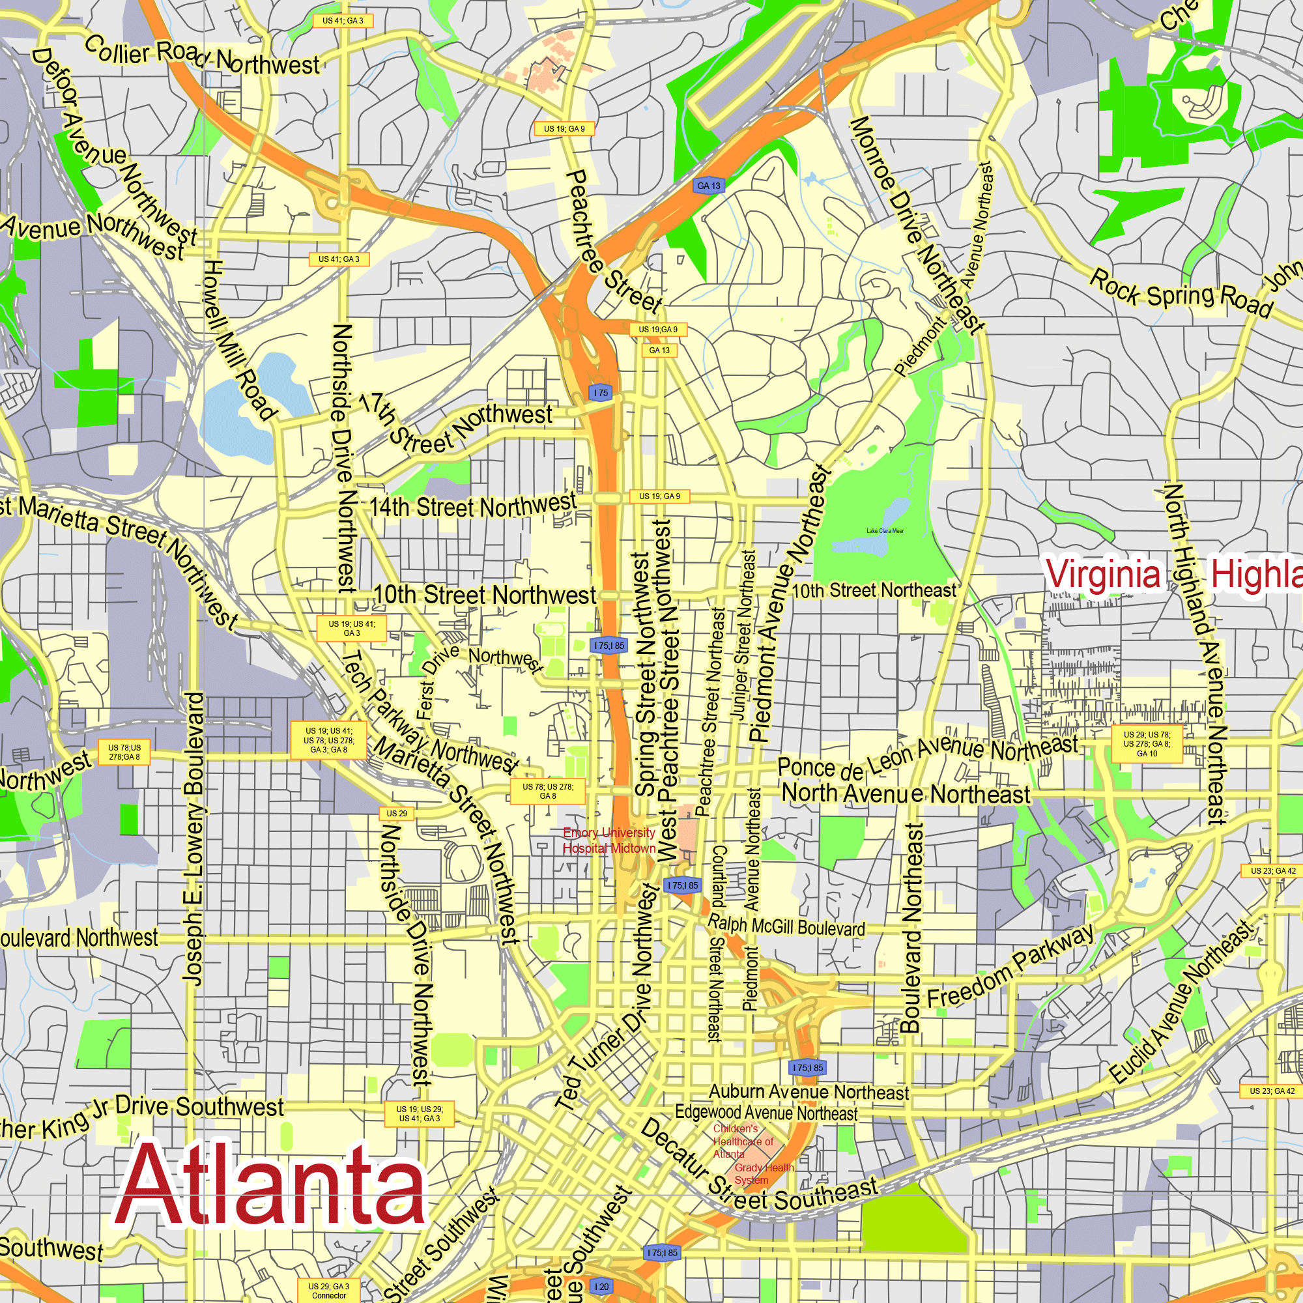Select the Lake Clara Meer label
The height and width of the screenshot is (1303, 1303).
tap(885, 531)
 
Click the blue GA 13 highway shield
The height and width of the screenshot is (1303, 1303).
tap(709, 186)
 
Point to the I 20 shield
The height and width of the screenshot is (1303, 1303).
tap(601, 1287)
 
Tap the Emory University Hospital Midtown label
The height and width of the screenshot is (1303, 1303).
tap(609, 840)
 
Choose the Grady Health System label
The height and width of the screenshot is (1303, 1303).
tap(764, 1173)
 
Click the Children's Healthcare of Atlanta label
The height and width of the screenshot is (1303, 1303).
tap(743, 1141)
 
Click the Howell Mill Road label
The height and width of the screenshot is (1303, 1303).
tap(239, 341)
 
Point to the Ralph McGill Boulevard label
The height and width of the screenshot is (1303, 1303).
tap(786, 925)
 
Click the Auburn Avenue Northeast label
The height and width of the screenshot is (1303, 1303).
tap(809, 1092)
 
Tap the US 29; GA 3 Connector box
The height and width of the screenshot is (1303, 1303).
tap(329, 1291)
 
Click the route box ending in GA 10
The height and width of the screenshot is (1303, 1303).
tap(1147, 744)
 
